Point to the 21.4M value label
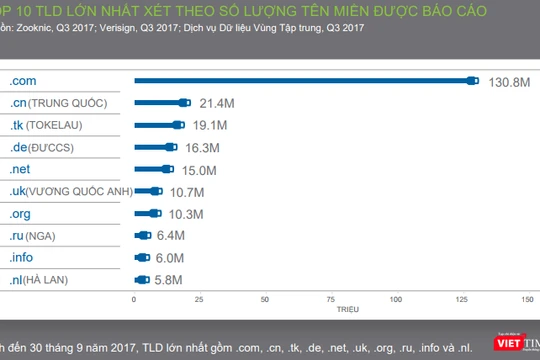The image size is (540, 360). point(215,103)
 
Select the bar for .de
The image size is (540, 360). point(156,147)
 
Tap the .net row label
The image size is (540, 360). point(20,169)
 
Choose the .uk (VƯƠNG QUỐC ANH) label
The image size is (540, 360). point(69,191)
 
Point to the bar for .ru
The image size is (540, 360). point(142,236)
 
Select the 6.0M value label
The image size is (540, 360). point(171,258)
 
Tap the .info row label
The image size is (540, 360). point(21,258)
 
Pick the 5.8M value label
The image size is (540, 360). point(171,280)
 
